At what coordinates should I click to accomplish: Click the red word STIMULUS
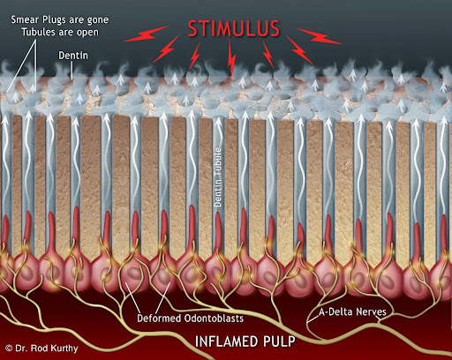point(234,29)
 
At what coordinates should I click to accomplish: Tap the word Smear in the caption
point(24,20)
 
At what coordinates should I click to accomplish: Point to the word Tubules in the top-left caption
point(37,32)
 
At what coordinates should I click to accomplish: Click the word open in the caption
point(87,33)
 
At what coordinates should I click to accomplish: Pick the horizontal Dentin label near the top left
point(73,56)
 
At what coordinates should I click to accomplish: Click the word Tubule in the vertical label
point(218,162)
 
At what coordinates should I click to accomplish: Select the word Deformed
point(159,319)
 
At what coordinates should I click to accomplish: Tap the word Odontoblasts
point(214,319)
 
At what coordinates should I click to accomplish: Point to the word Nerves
point(371,311)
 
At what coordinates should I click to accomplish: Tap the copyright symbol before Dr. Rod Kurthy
point(9,349)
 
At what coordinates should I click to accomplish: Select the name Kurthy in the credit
point(64,349)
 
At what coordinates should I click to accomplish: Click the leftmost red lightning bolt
point(146,34)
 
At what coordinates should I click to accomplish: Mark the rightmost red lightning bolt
point(320,36)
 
